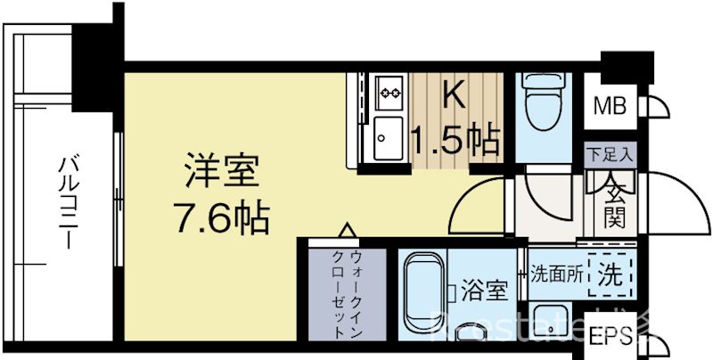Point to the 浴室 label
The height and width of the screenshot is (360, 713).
pyautogui.click(x=486, y=290)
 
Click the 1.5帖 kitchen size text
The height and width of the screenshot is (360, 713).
pyautogui.click(x=454, y=139)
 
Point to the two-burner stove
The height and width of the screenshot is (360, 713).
pyautogui.click(x=389, y=91)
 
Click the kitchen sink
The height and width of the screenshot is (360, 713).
pyautogui.click(x=389, y=136)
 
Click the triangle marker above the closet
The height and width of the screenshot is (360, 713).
pyautogui.click(x=347, y=231)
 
